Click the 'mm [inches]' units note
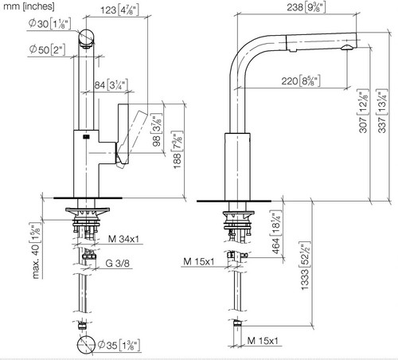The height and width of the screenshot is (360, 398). point(29,6)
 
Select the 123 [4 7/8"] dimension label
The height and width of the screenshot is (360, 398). point(119,10)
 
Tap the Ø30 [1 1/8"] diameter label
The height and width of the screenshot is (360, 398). point(49,24)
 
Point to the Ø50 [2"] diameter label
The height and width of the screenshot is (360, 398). point(47,49)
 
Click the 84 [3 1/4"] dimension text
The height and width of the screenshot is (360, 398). point(111,84)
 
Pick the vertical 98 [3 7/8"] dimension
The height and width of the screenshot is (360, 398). point(157,130)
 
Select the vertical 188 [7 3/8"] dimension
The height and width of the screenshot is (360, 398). point(178,150)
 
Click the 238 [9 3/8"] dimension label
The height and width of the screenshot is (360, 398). point(306,7)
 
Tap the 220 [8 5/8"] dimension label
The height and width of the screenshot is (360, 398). point(301,80)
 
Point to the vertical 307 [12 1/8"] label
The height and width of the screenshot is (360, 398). point(363,112)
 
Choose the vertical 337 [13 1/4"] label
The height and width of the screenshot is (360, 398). point(382,111)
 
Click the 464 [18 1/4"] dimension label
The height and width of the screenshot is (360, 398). point(275,233)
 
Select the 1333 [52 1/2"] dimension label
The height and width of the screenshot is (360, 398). point(305,266)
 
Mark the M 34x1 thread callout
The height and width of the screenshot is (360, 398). point(123,239)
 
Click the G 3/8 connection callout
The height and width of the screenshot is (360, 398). point(118,263)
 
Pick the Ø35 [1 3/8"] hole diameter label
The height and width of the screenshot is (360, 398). point(119,345)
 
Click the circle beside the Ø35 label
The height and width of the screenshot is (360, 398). point(86,345)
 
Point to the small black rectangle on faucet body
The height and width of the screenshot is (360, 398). point(86,137)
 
